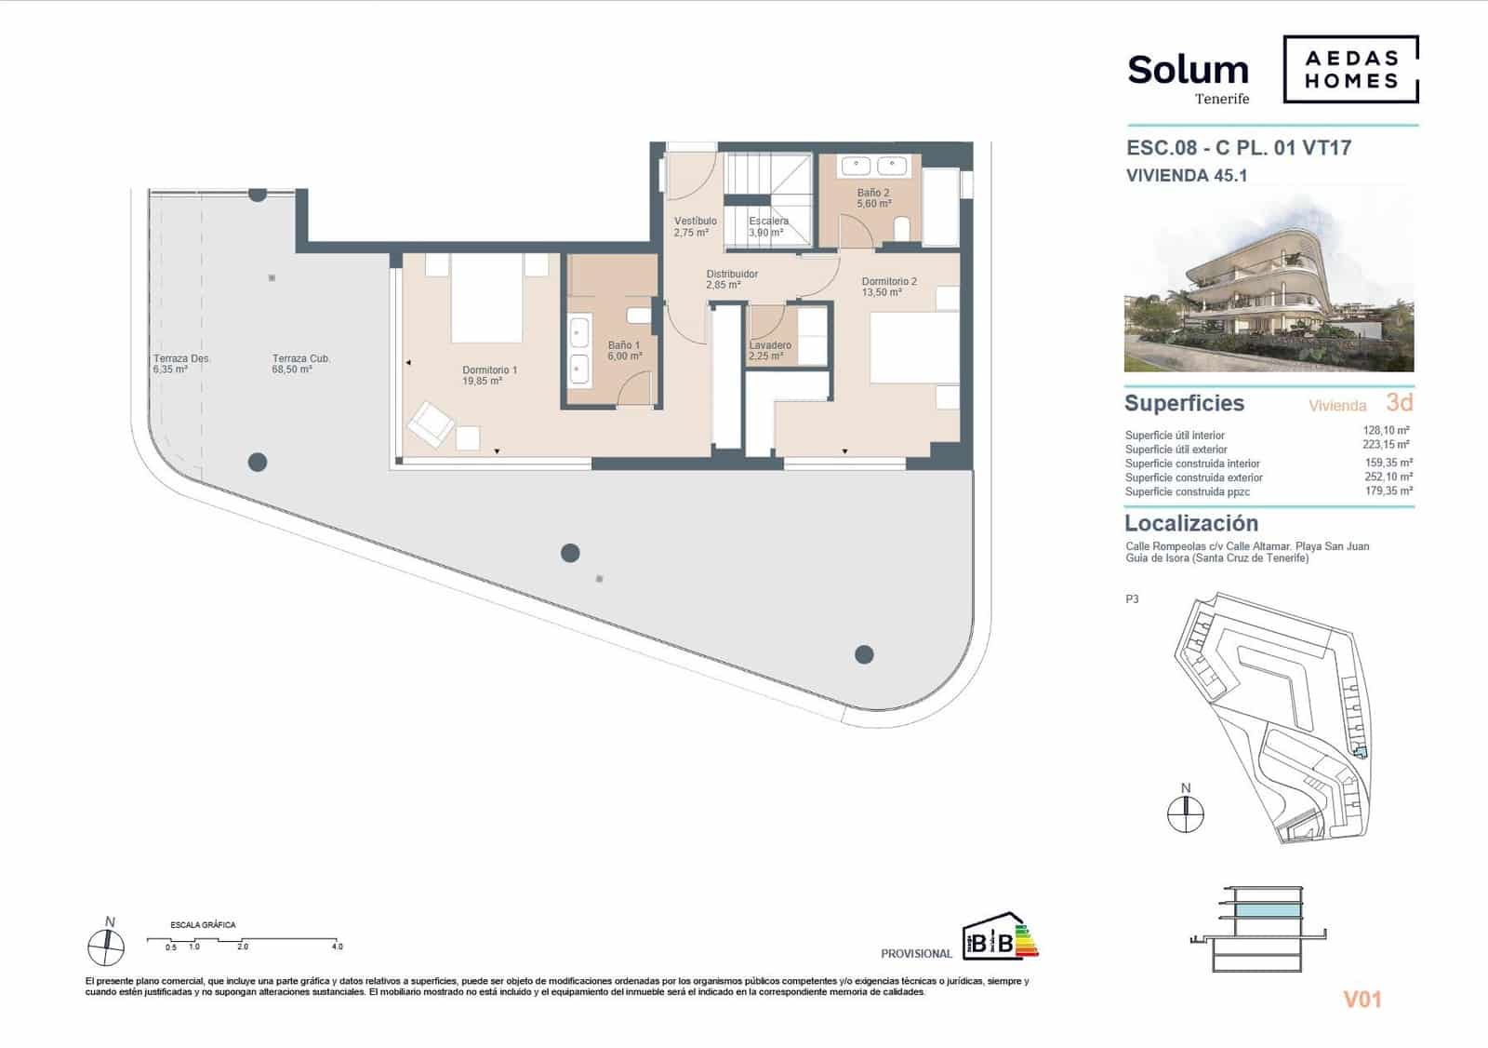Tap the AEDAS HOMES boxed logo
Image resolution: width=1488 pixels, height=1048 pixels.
coord(1350,69)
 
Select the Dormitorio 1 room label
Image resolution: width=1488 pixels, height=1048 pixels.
coord(489,375)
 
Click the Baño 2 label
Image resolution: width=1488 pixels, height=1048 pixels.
coord(873,198)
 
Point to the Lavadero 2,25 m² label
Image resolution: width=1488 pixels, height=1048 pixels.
coord(770,350)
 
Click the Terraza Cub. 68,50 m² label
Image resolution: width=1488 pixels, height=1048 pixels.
coord(301,364)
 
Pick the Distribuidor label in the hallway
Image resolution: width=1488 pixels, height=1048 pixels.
coord(731,279)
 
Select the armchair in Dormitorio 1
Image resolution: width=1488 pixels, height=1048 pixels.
coord(431,423)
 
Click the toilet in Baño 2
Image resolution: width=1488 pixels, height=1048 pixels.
coord(900,228)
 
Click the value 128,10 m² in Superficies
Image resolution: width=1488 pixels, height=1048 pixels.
coord(1386,431)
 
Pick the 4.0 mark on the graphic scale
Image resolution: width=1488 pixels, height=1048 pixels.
coord(337,947)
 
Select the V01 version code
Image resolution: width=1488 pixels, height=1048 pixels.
coord(1362,1000)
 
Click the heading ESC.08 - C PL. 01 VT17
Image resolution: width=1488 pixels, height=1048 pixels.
coord(1239,148)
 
